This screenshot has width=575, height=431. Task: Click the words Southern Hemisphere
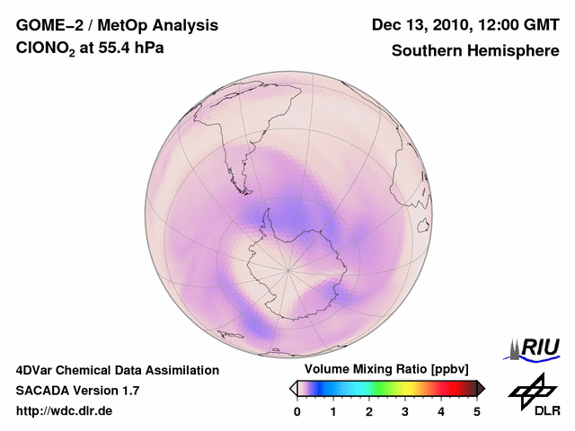(x=475, y=51)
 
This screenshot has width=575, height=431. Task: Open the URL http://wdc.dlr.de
(x=65, y=411)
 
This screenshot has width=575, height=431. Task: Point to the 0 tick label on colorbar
(x=297, y=411)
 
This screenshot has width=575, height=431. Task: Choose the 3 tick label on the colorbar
(x=405, y=411)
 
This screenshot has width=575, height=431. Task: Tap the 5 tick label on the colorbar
(x=477, y=411)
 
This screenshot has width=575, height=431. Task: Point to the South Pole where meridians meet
(x=287, y=269)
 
